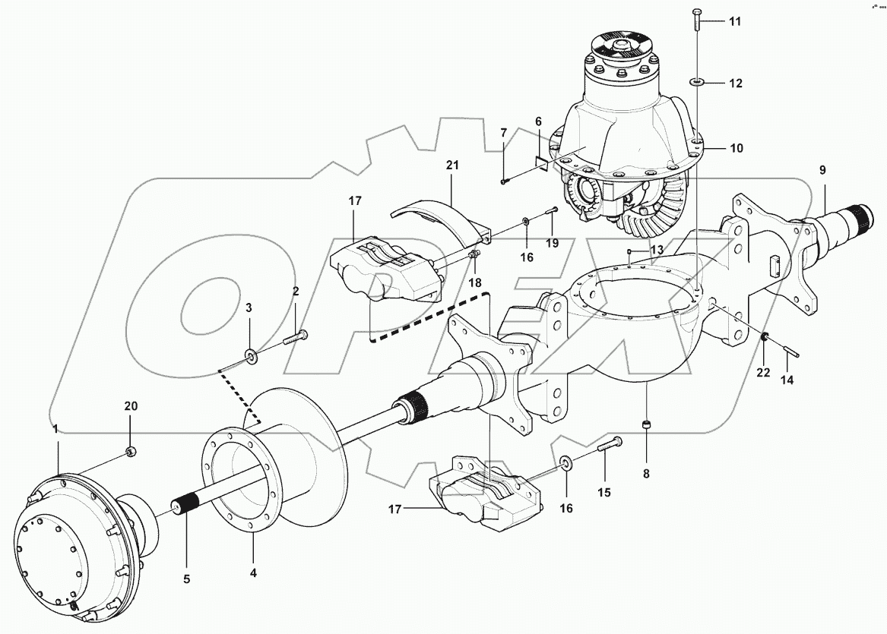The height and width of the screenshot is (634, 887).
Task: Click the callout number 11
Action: pos(734,21)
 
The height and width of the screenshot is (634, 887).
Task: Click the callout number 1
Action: pos(55,430)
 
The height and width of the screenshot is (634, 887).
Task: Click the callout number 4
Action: pos(254,573)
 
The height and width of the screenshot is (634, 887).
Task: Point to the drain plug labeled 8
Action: pos(645,425)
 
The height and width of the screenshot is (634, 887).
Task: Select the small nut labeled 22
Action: pos(763,338)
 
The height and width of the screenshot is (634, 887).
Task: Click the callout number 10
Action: pos(736,147)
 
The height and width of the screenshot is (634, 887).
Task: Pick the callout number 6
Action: pos(538,121)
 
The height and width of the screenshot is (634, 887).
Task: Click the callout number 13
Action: pos(656,250)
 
